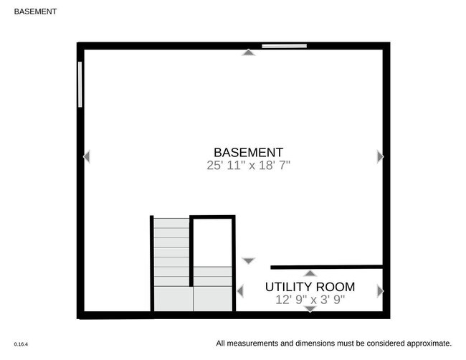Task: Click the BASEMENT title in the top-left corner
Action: [36, 11]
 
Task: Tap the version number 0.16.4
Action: [21, 344]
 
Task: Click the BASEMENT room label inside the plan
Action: [248, 152]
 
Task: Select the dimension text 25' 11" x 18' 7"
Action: [248, 165]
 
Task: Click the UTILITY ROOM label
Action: [310, 287]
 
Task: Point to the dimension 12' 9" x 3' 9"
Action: [310, 300]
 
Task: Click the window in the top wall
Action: [284, 47]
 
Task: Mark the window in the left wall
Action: [80, 84]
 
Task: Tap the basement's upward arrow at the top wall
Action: [248, 52]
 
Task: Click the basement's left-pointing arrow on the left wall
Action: [87, 156]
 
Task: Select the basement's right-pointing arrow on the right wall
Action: [380, 156]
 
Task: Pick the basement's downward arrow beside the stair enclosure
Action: [248, 261]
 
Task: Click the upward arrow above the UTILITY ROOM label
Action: [310, 273]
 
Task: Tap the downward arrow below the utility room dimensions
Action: [310, 308]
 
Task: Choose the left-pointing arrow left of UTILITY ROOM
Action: [240, 290]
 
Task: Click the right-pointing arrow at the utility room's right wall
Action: [380, 291]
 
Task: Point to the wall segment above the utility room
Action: [326, 267]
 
